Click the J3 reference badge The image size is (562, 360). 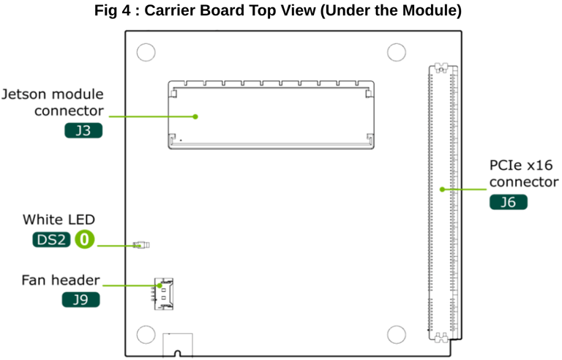(x=83, y=132)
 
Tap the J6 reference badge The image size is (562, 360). (x=508, y=202)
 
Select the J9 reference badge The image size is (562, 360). (x=81, y=299)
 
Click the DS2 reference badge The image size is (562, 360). (x=51, y=239)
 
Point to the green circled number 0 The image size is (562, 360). (x=85, y=239)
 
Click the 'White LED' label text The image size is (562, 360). (x=59, y=220)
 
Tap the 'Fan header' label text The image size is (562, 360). (x=61, y=280)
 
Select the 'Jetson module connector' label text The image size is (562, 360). (x=53, y=103)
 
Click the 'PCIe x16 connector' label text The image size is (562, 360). (x=524, y=174)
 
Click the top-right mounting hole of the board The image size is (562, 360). (x=396, y=52)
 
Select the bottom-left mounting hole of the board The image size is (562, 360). (x=146, y=334)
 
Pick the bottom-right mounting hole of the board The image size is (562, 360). (x=396, y=334)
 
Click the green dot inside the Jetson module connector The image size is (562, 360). (x=196, y=116)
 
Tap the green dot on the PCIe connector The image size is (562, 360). (x=441, y=189)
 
